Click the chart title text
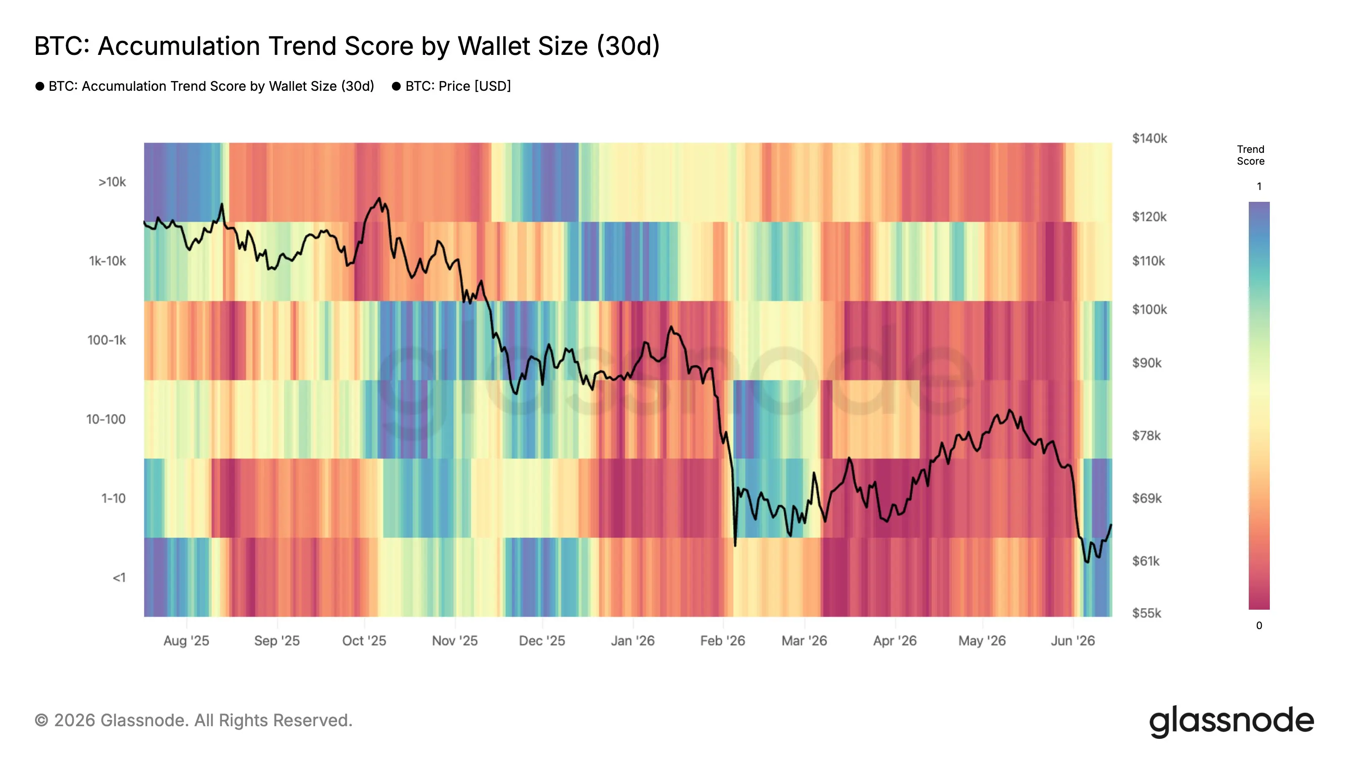click(347, 46)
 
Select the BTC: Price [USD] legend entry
click(451, 86)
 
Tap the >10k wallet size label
click(112, 182)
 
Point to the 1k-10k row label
click(108, 261)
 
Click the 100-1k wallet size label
click(106, 340)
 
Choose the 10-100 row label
click(106, 420)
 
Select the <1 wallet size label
click(119, 578)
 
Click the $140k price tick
click(1149, 138)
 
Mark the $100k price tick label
click(1149, 309)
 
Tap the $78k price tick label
click(1146, 436)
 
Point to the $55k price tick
click(1147, 613)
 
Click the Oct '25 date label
click(364, 641)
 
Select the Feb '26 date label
click(723, 641)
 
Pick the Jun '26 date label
click(1073, 641)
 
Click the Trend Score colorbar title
click(1250, 155)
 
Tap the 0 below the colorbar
click(1259, 625)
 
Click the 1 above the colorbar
click(1259, 186)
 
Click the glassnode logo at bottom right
click(1231, 721)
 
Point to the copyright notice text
click(193, 721)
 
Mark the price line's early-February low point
click(735, 546)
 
